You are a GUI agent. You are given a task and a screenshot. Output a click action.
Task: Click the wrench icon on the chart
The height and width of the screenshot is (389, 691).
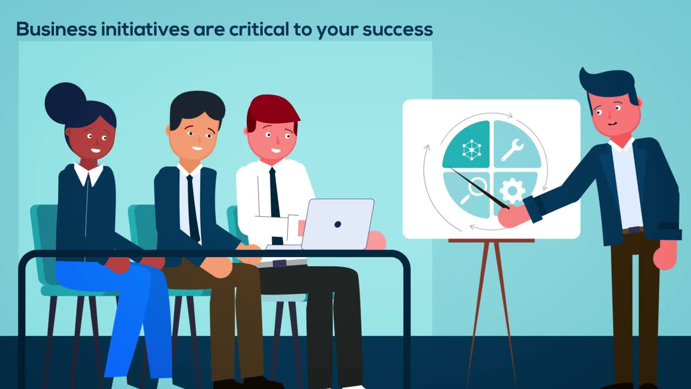click(512, 150)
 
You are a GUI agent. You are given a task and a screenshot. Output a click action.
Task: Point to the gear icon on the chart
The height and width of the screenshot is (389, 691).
click(512, 190)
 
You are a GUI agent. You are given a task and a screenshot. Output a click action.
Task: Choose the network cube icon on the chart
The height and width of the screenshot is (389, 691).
click(471, 150)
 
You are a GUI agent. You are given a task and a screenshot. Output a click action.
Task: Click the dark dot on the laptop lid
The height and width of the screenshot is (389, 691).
click(337, 224)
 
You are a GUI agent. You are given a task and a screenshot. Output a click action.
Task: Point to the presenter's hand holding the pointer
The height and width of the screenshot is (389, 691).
click(512, 216)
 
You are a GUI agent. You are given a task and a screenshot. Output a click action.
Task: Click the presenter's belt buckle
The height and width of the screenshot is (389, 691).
click(633, 230)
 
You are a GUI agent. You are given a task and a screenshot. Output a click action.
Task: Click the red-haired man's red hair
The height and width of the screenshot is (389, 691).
click(272, 109)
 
